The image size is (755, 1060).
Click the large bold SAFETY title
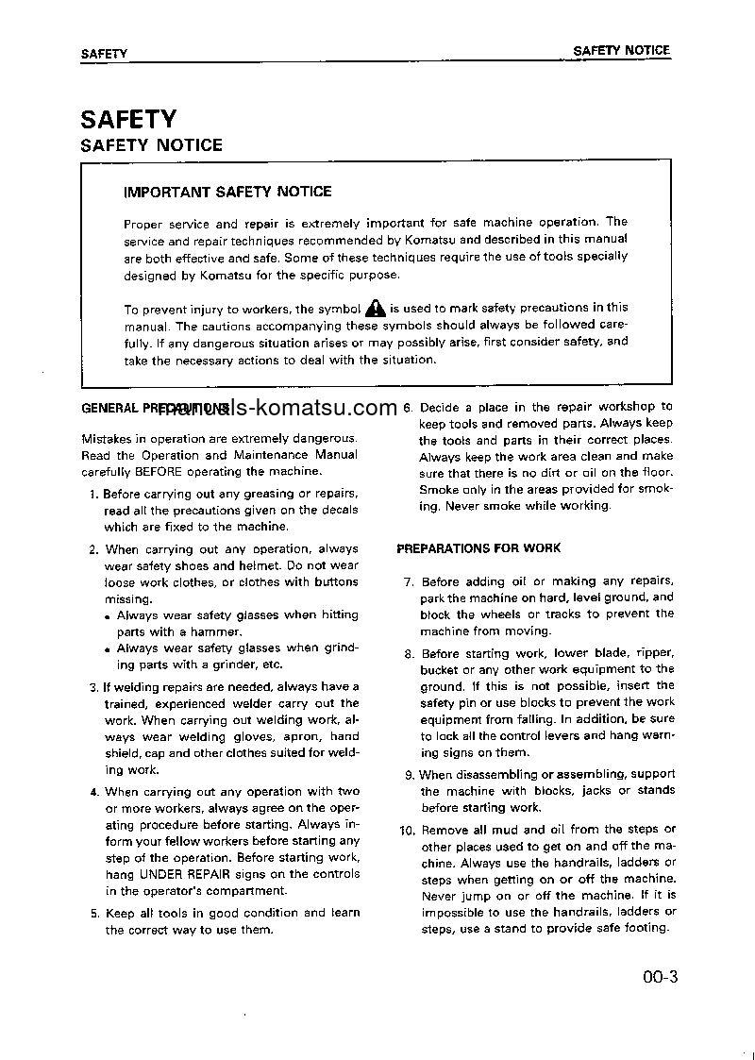(128, 119)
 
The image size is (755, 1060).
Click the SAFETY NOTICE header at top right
(621, 50)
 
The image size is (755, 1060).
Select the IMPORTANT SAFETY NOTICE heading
(227, 192)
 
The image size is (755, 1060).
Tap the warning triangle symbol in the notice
(376, 307)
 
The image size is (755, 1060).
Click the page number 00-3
(655, 977)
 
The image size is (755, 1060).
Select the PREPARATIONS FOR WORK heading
(478, 547)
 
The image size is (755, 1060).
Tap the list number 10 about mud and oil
(407, 830)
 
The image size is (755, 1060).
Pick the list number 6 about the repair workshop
(408, 408)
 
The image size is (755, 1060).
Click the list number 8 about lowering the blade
(409, 653)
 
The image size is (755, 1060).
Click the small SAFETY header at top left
(104, 54)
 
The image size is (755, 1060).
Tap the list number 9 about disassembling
(409, 775)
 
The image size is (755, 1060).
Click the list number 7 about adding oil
(409, 581)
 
